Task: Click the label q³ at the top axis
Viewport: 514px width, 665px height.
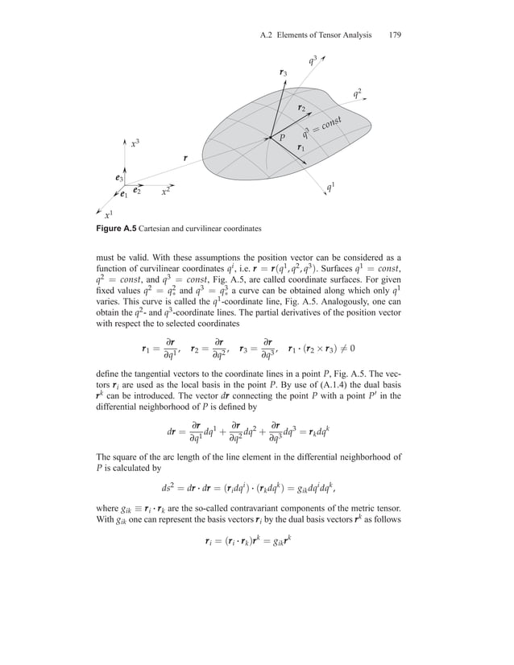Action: [313, 59]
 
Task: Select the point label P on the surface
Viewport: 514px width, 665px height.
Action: [283, 138]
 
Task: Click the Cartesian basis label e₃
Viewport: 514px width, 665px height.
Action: [118, 177]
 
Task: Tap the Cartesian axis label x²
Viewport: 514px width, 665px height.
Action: [164, 192]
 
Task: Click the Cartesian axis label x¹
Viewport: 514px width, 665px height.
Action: [108, 214]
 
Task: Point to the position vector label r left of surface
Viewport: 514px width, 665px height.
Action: [185, 159]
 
